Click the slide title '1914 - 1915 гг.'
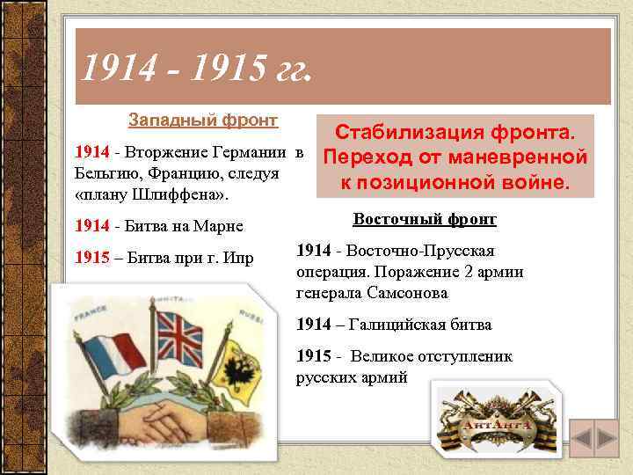[193, 66]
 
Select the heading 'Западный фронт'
[203, 119]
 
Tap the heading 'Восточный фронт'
[425, 219]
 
